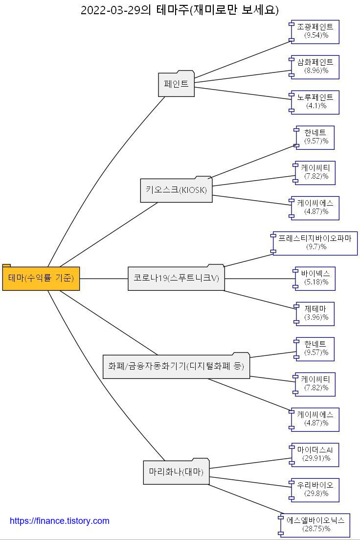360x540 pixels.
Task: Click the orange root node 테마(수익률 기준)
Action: pyautogui.click(x=41, y=279)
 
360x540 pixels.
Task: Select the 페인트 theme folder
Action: pyautogui.click(x=177, y=84)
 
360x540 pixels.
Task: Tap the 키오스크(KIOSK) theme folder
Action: pyautogui.click(x=176, y=190)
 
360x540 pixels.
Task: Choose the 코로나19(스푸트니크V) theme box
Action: pyautogui.click(x=176, y=278)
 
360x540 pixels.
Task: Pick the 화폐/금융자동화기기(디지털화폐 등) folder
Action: pyautogui.click(x=176, y=366)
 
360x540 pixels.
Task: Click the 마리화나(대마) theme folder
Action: pyautogui.click(x=176, y=472)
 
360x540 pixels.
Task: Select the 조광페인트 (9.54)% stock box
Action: pyautogui.click(x=315, y=31)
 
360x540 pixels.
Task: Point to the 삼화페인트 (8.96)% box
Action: pyautogui.click(x=315, y=67)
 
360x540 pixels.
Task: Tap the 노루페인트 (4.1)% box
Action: pyautogui.click(x=315, y=102)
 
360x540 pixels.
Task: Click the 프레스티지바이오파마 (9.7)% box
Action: pyautogui.click(x=315, y=243)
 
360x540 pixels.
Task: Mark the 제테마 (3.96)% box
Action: pyautogui.click(x=315, y=313)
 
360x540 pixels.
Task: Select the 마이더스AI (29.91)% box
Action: pyautogui.click(x=315, y=454)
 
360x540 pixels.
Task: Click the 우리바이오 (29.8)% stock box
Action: pyautogui.click(x=315, y=490)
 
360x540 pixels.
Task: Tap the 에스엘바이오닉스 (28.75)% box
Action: pyautogui.click(x=315, y=525)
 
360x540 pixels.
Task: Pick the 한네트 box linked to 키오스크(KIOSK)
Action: pyautogui.click(x=315, y=137)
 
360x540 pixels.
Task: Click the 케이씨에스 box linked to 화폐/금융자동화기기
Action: pyautogui.click(x=315, y=419)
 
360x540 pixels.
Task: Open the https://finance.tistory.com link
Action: pyautogui.click(x=60, y=521)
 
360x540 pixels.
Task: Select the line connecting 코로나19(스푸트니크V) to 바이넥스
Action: pyautogui.click(x=259, y=279)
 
